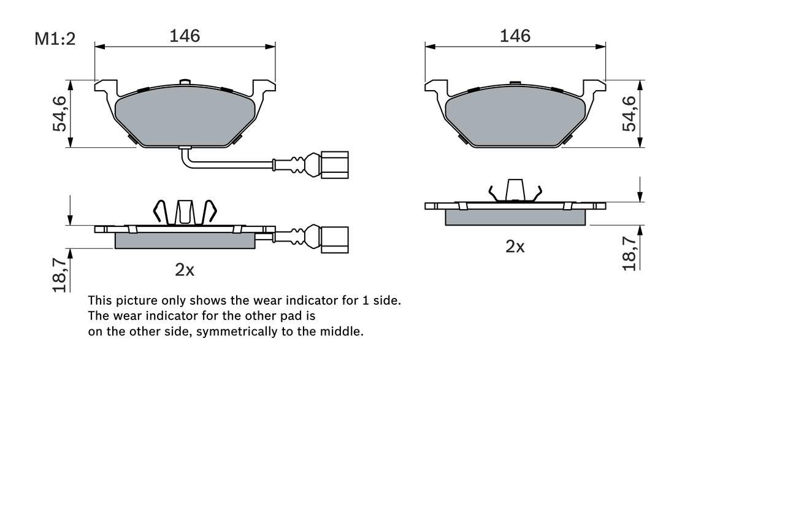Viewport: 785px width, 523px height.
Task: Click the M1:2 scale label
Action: [x=55, y=39]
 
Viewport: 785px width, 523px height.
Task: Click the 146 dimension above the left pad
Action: [x=185, y=36]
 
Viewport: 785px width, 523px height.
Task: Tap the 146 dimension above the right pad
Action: [x=515, y=36]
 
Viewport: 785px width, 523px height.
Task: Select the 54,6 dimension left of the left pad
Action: [x=60, y=113]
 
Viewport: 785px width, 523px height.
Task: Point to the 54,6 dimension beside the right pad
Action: [x=630, y=113]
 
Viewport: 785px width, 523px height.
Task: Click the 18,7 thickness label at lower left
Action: [x=59, y=274]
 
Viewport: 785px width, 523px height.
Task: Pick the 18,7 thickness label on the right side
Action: [x=630, y=253]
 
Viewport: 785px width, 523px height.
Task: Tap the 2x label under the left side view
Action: [x=185, y=270]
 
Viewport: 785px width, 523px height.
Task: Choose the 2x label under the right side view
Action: [x=515, y=246]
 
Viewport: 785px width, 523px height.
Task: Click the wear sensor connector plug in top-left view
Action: [x=334, y=165]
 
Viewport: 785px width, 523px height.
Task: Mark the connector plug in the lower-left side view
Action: [x=334, y=239]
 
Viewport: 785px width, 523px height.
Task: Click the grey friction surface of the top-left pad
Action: [x=185, y=116]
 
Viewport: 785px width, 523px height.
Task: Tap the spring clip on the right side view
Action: [x=515, y=191]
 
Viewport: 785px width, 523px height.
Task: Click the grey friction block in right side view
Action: [x=515, y=217]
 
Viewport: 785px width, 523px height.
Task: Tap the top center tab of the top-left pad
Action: [x=185, y=82]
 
